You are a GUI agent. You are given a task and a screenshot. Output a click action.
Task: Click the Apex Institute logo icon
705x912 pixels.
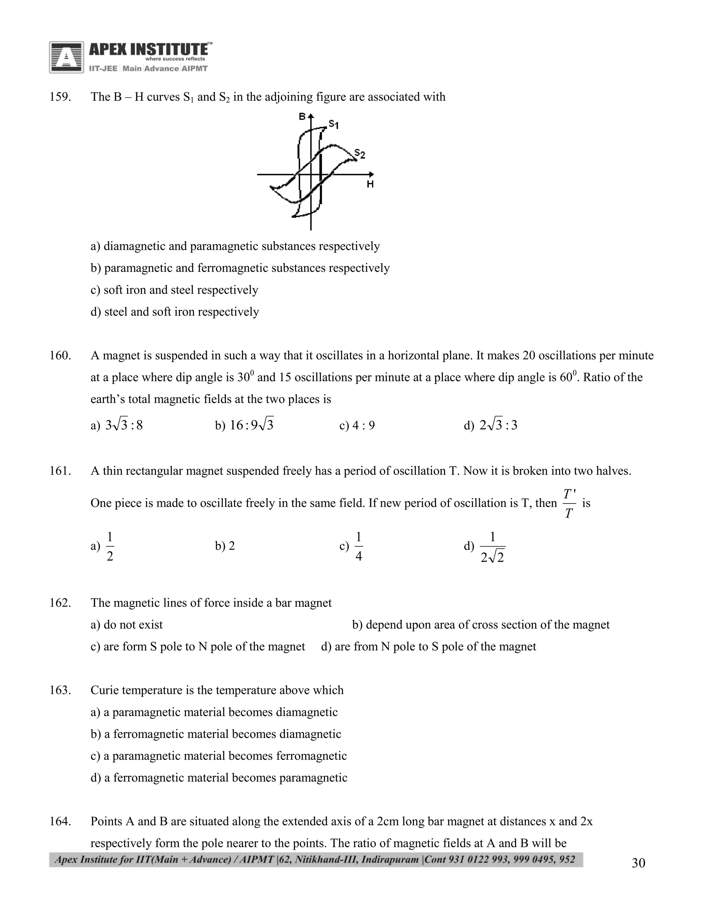coord(66,57)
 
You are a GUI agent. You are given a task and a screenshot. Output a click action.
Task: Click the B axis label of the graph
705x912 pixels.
coord(302,117)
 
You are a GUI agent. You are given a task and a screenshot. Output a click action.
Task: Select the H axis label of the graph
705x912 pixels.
coord(370,184)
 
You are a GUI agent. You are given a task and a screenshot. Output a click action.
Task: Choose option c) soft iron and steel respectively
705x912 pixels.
coord(174,290)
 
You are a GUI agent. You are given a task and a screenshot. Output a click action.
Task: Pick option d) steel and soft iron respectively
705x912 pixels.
coord(175,312)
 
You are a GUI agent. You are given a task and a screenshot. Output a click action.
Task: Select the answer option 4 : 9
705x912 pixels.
coord(358,425)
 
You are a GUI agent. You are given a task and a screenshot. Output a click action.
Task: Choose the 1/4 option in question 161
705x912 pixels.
coord(358,546)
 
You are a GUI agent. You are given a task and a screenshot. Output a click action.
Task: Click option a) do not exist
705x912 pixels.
coord(127,625)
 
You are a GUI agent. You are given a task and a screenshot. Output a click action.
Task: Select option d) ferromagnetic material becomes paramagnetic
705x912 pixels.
coord(219,778)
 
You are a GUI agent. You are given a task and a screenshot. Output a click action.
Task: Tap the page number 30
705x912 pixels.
coord(638,863)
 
